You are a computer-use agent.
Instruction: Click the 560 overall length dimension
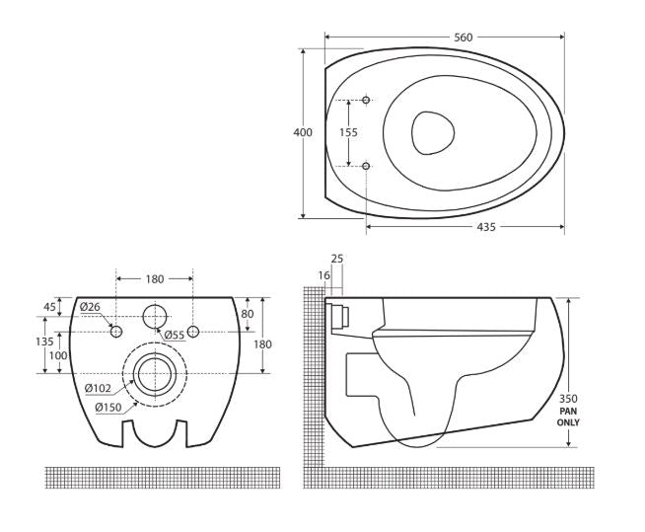click(464, 38)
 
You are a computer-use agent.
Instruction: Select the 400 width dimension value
click(303, 132)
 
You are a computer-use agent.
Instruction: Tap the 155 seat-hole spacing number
click(348, 132)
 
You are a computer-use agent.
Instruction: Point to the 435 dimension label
click(486, 227)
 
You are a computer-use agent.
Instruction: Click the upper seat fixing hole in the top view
click(366, 100)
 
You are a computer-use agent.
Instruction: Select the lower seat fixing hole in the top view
click(366, 166)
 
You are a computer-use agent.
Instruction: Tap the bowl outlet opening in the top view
click(433, 133)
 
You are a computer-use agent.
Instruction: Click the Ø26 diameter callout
click(90, 307)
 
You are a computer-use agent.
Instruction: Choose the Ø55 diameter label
click(175, 336)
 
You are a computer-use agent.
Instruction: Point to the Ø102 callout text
click(98, 388)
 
